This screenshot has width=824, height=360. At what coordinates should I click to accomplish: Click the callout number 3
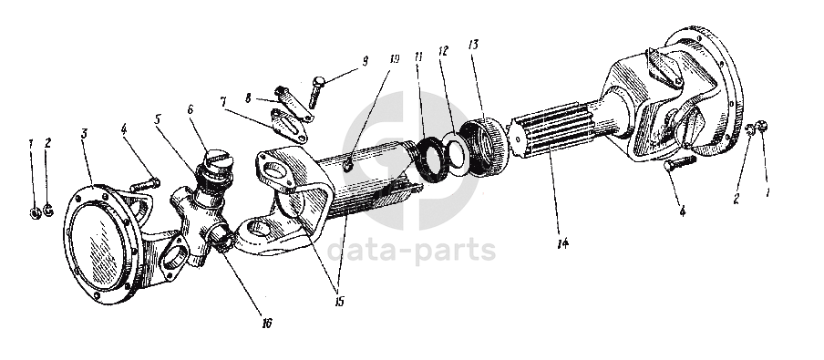pos(84,133)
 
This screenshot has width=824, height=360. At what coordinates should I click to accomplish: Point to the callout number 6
pos(191,109)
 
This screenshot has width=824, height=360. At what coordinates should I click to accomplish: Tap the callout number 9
pos(365,60)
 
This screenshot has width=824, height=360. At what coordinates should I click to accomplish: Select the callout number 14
pos(563,243)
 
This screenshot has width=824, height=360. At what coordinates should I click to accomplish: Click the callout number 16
pos(267,324)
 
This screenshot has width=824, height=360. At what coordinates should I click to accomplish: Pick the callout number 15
pos(339,301)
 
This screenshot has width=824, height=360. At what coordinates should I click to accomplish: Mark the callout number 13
pos(473,45)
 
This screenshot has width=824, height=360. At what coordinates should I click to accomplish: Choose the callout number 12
pos(443,51)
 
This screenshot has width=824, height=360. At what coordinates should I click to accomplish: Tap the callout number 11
pos(418,57)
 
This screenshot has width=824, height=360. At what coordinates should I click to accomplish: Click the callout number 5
pos(157,119)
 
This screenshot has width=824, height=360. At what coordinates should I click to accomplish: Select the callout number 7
pos(224,101)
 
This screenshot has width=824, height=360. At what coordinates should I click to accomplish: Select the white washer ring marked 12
pos(455,156)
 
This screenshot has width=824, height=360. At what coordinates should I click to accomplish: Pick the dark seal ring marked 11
pos(432,158)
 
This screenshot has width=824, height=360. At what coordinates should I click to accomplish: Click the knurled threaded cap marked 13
pos(485,147)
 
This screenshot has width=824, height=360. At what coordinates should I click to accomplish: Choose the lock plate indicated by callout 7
pos(289,125)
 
